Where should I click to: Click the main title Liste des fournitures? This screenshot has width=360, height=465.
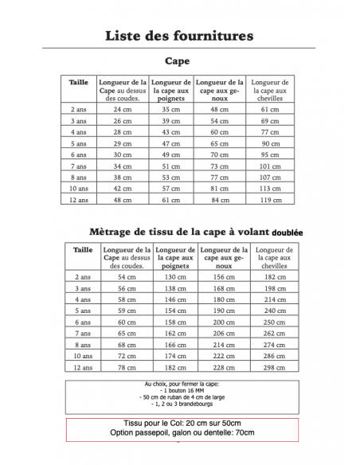pyautogui.click(x=180, y=35)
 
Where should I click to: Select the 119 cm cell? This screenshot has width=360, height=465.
pyautogui.click(x=270, y=201)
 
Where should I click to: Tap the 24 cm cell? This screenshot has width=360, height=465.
pyautogui.click(x=122, y=108)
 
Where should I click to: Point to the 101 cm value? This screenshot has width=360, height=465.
pyautogui.click(x=270, y=166)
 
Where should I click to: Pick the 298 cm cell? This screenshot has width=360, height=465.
pyautogui.click(x=273, y=367)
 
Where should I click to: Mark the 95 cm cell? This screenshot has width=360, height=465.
pyautogui.click(x=270, y=154)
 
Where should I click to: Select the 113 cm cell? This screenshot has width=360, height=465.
pyautogui.click(x=270, y=189)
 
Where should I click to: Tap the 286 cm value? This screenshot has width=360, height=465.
pyautogui.click(x=273, y=356)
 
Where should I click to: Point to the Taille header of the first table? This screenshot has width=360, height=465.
pyautogui.click(x=79, y=82)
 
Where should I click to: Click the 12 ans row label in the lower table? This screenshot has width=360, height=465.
pyautogui.click(x=82, y=367)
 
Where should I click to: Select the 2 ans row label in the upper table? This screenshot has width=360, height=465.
pyautogui.click(x=79, y=108)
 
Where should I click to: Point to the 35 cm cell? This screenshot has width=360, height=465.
pyautogui.click(x=171, y=108)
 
